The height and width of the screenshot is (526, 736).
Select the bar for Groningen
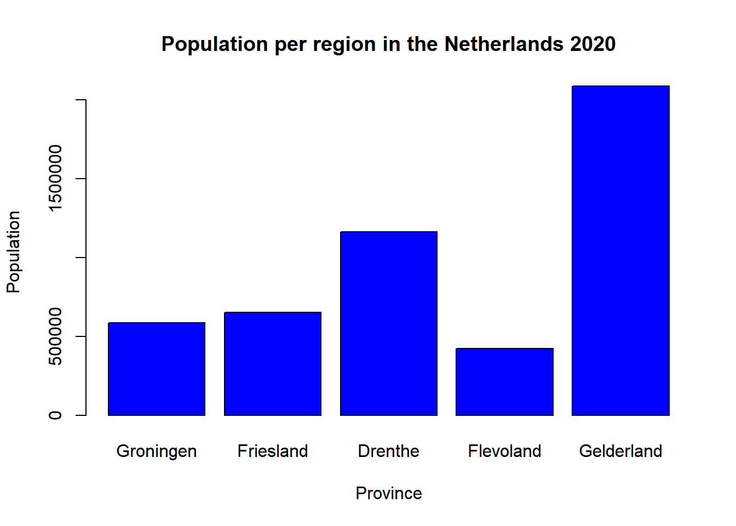pos(157,369)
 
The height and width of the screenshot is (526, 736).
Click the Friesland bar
pos(273,364)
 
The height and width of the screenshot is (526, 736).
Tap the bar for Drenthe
pos(389,323)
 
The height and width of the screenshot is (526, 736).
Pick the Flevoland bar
pos(504,382)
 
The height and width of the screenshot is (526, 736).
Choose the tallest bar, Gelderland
pos(620,250)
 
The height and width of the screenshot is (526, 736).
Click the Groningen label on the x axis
pos(157,451)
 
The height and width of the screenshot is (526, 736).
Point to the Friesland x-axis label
pos(273,451)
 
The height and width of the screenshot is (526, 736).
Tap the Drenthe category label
pos(389,451)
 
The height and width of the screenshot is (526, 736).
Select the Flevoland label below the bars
pos(504,451)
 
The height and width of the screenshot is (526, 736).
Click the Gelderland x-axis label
pos(620,451)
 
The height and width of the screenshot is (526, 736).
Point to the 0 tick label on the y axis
pos(55,415)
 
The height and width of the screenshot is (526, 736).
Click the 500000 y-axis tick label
pos(55,336)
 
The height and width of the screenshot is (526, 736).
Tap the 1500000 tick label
pos(55,178)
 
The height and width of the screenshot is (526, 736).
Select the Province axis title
pos(389,493)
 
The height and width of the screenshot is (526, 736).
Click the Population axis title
pos(14,252)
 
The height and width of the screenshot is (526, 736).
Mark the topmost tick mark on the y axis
pos(81,100)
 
